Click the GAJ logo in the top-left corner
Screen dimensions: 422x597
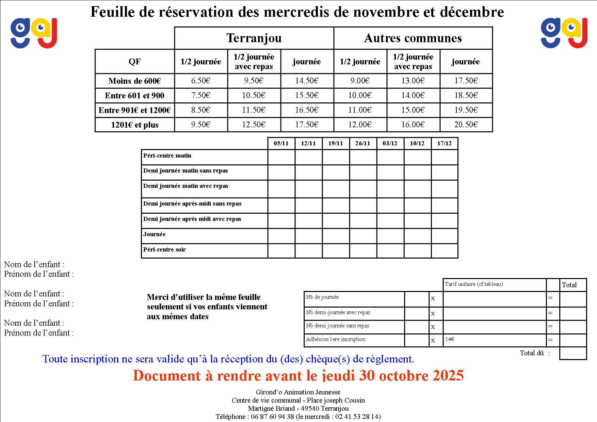tap(34, 33)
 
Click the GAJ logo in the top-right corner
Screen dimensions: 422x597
tap(564, 33)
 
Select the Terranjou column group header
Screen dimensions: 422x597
tap(254, 38)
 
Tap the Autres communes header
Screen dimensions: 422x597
tap(413, 38)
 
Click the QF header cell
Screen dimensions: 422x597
tap(134, 62)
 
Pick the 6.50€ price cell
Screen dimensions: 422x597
tap(201, 81)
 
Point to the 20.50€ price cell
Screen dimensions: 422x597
tap(466, 125)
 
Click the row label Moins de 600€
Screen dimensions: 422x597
tap(134, 81)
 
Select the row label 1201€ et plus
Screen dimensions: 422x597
tap(134, 125)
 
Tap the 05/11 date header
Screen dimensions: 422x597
tap(281, 143)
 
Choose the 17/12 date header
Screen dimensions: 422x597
tap(444, 143)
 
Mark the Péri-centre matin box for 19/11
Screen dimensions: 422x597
tap(336, 157)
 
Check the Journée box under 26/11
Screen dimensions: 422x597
tap(363, 236)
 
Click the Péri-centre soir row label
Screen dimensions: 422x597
tap(164, 249)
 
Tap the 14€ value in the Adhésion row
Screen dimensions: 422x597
tap(450, 339)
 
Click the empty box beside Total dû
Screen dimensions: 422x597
tap(573, 353)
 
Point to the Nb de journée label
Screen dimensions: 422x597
tap(322, 297)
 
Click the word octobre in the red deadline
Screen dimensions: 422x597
tap(404, 376)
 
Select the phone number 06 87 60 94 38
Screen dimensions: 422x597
tap(272, 417)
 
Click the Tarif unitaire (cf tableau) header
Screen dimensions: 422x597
tap(474, 284)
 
